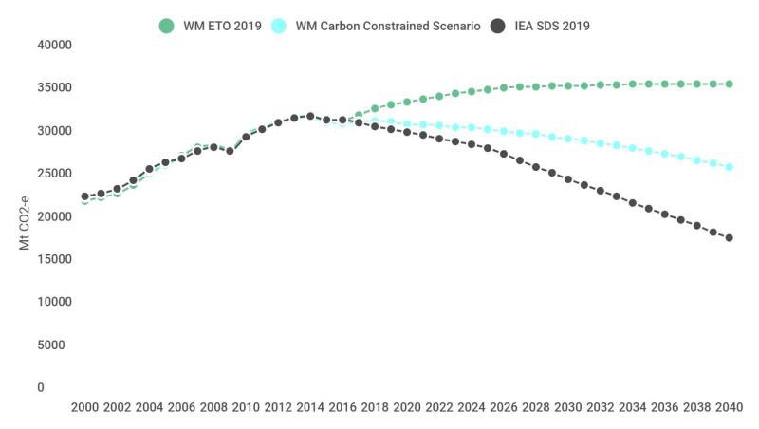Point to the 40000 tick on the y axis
point(54,45)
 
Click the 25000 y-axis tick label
point(54,174)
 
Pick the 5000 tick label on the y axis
point(57,345)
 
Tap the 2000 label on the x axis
point(84,407)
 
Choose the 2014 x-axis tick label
point(310,407)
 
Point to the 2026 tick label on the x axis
point(504,407)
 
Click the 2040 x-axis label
point(730,407)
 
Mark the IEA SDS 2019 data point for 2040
point(730,238)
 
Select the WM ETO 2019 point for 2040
point(730,84)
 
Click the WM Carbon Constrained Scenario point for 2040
point(730,167)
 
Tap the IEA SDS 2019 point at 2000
point(84,196)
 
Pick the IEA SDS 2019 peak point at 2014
point(310,116)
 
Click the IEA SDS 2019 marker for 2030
point(568,179)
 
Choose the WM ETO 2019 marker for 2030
point(568,85)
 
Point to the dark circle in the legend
point(498,26)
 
